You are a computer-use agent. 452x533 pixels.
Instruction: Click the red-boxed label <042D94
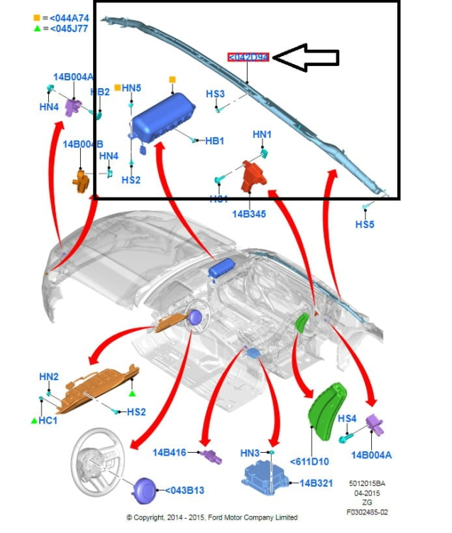click(x=248, y=57)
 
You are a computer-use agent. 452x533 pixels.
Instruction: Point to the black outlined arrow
click(x=306, y=58)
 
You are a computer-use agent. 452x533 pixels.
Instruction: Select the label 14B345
click(x=248, y=213)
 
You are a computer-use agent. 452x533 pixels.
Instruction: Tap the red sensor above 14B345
click(x=253, y=176)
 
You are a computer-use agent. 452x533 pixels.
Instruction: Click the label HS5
click(x=365, y=225)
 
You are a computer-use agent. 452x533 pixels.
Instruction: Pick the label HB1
click(x=214, y=141)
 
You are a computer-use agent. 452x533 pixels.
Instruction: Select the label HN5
click(x=132, y=88)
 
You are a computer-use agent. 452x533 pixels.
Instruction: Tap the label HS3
click(x=215, y=94)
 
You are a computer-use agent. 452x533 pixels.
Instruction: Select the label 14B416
click(x=169, y=452)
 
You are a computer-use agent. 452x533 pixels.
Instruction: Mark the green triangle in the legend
click(x=37, y=28)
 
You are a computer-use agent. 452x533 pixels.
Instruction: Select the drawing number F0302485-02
click(x=367, y=511)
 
